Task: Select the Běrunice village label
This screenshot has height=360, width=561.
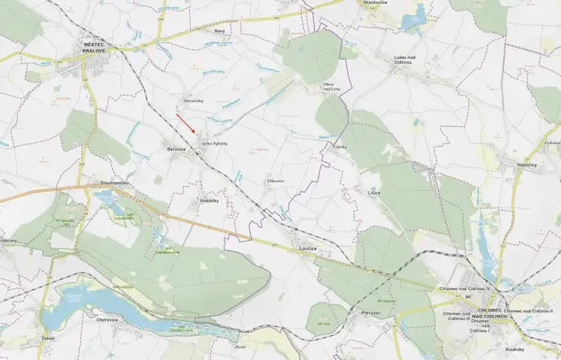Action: pos(176,148)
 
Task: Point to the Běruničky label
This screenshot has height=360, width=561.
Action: pos(194,100)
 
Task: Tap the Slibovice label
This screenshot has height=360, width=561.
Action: pos(275,182)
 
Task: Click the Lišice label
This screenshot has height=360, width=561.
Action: pos(374,192)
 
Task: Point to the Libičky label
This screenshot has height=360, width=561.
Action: pos(341,146)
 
